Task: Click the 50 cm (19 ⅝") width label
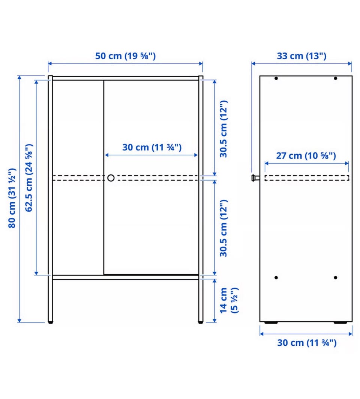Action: [125, 56]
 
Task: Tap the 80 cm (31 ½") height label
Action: [12, 198]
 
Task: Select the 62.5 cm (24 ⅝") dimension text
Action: [29, 178]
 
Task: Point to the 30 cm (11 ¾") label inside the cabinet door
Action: [152, 148]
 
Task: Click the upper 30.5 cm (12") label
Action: [223, 129]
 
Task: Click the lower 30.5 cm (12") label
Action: [223, 228]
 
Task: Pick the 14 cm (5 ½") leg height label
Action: [228, 300]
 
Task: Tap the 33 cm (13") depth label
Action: [301, 56]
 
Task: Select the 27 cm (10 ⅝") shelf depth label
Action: [306, 156]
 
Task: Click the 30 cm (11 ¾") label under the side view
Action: [307, 343]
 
